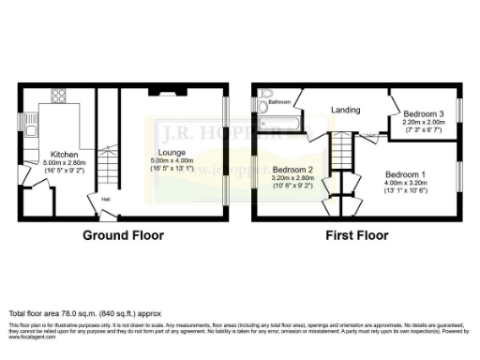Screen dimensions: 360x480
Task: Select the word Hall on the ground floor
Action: pyautogui.click(x=106, y=200)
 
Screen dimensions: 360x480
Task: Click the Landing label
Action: pyautogui.click(x=345, y=110)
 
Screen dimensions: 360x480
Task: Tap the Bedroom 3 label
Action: pyautogui.click(x=423, y=113)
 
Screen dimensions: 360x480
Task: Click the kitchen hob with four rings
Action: pyautogui.click(x=58, y=97)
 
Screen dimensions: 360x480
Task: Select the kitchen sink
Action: pyautogui.click(x=31, y=122)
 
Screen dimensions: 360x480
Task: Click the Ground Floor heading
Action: pyautogui.click(x=124, y=235)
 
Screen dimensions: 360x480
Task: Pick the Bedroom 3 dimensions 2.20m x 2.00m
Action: pyautogui.click(x=423, y=122)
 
